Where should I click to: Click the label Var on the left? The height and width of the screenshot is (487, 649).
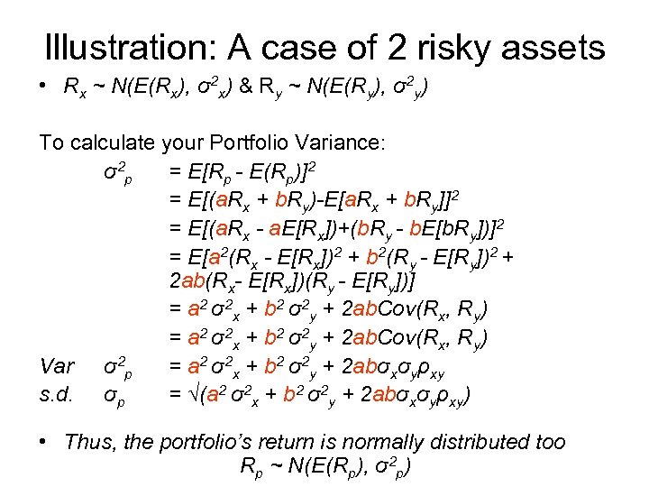[57, 367]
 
